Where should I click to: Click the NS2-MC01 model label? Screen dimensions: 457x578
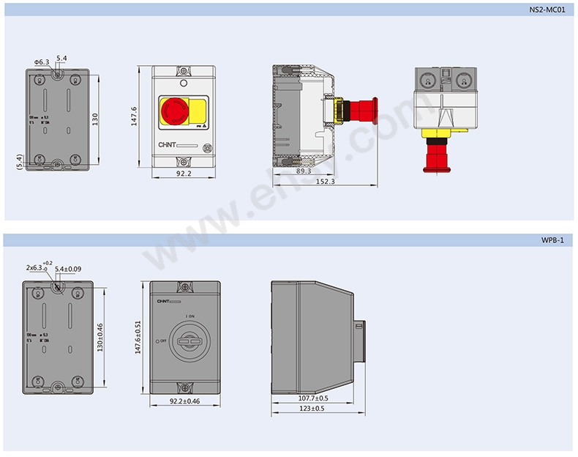(x=547, y=10)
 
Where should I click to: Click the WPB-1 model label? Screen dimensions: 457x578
(x=553, y=239)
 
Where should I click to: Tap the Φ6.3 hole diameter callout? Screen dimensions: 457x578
(x=41, y=62)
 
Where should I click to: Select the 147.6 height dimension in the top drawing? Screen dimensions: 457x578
(x=135, y=116)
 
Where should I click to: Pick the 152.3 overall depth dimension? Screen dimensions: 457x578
(x=325, y=181)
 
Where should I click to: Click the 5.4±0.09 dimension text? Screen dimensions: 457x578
(x=69, y=269)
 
